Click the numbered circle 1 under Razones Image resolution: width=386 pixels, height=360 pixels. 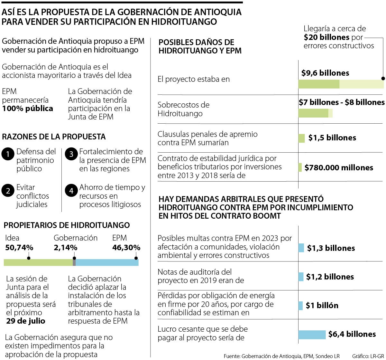[x=8, y=154]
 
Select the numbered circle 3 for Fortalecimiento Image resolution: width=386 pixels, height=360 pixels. [x=71, y=154]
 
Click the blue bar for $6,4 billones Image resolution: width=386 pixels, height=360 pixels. [x=312, y=335]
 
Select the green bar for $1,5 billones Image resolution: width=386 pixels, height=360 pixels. [x=301, y=138]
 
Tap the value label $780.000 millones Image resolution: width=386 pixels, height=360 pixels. [x=339, y=168]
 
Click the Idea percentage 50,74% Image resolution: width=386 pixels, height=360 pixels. [x=19, y=248]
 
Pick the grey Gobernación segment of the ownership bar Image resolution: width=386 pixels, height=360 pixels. [x=74, y=262]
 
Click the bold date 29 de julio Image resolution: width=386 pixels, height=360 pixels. [x=26, y=321]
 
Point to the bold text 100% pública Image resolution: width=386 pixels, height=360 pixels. [x=28, y=109]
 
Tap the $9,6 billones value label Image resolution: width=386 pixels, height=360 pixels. [x=325, y=73]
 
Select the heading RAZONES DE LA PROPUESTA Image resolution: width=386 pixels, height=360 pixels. [x=54, y=137]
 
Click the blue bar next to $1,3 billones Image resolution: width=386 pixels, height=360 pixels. [x=301, y=248]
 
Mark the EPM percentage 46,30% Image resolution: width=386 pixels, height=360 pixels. [x=126, y=248]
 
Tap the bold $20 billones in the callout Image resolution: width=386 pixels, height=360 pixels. [x=326, y=37]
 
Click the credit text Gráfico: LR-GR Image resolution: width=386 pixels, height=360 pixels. [x=368, y=356]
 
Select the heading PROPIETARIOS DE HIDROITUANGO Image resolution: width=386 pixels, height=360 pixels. [x=67, y=225]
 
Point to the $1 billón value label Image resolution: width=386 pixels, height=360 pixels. [x=322, y=306]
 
